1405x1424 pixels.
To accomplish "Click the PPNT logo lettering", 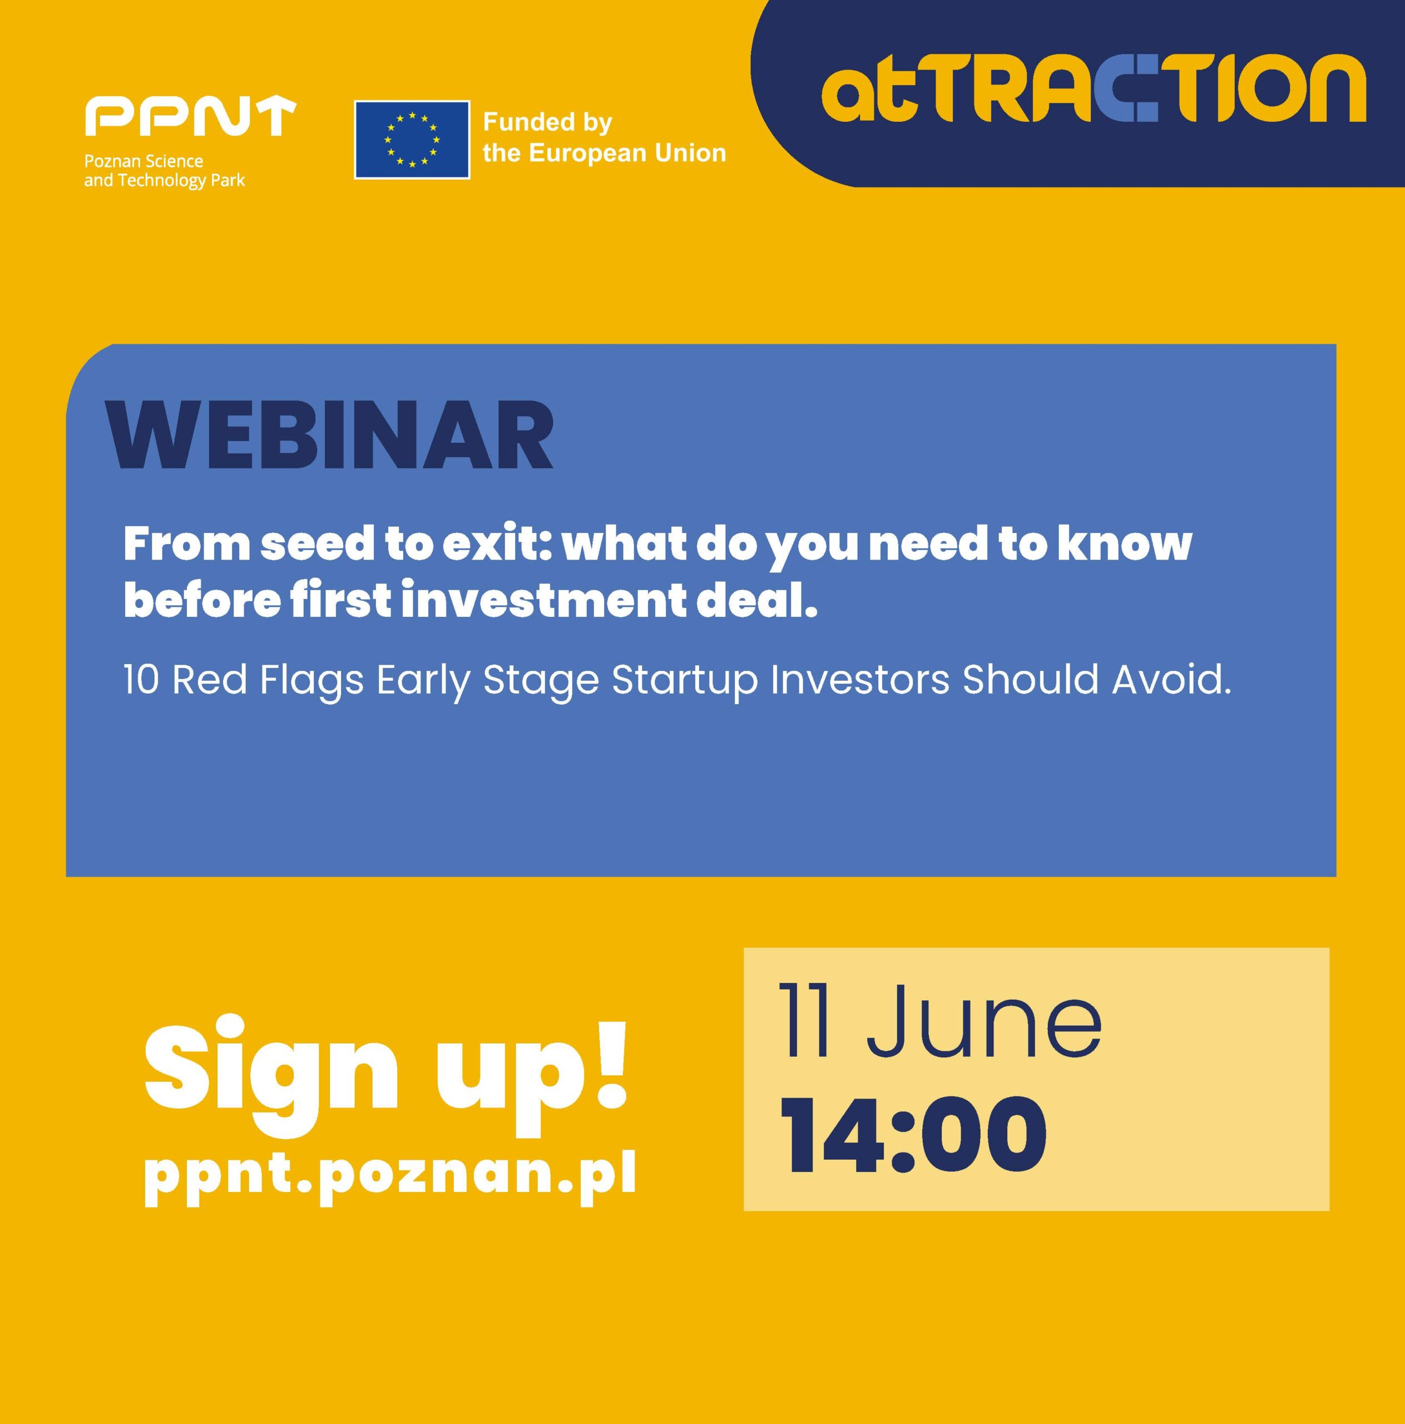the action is click(190, 117).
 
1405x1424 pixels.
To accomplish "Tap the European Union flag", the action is click(412, 139).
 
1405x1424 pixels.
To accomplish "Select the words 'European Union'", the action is click(627, 154).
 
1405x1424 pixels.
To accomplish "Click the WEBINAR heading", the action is click(329, 436).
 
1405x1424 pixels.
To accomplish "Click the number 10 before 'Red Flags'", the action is click(141, 680).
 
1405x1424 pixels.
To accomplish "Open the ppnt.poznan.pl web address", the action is click(390, 1173).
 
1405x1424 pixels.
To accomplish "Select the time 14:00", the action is click(913, 1135).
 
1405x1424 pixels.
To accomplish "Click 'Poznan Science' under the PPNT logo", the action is click(144, 161).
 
